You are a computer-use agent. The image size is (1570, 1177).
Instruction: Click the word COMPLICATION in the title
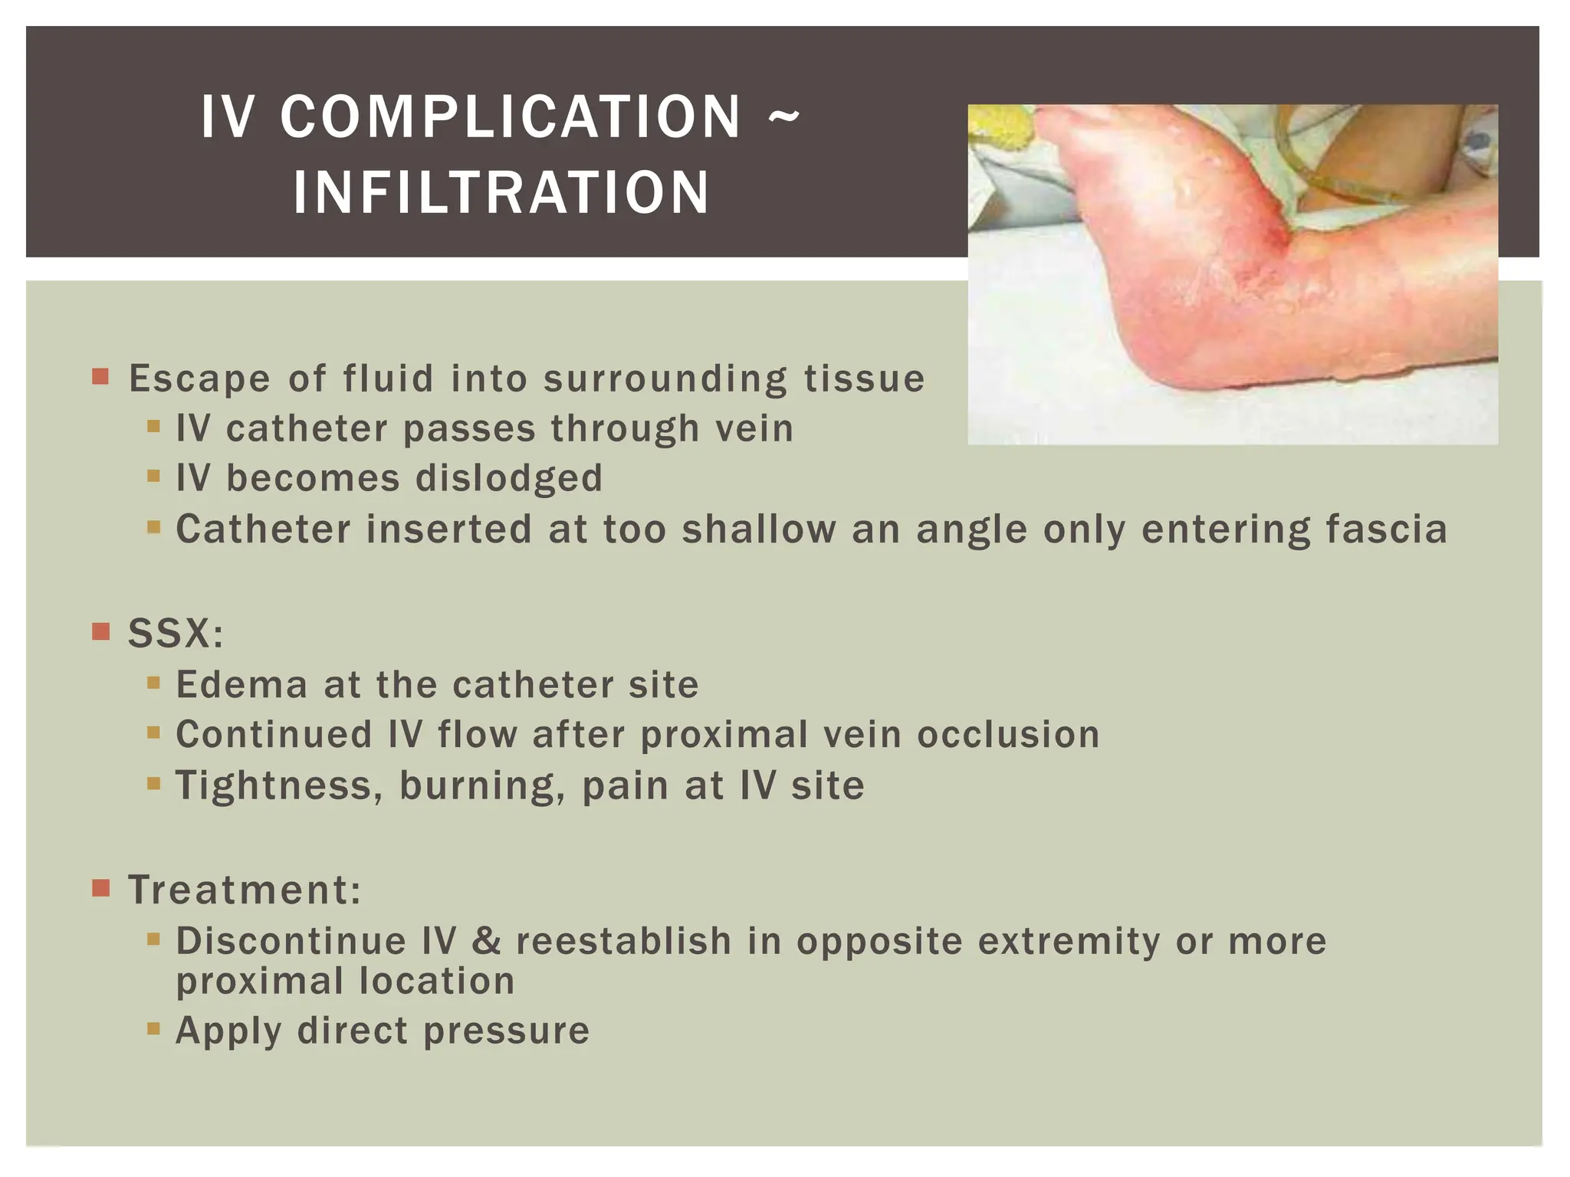(x=511, y=117)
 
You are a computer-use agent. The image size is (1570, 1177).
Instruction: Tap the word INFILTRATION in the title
(x=501, y=192)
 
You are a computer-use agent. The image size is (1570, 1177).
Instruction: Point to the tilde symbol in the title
(x=783, y=117)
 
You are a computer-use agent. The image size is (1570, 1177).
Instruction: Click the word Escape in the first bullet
(x=199, y=379)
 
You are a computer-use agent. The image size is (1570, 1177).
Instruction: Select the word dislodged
(x=509, y=479)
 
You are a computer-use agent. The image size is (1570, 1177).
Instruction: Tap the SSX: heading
(x=176, y=634)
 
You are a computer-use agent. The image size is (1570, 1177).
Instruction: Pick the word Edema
(x=241, y=684)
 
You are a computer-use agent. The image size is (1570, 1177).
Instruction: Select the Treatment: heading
(x=245, y=890)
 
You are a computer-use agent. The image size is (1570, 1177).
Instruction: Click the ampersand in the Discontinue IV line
(x=486, y=941)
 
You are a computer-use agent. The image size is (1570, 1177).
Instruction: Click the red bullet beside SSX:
(x=100, y=632)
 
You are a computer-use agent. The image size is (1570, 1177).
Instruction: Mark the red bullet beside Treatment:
(x=100, y=889)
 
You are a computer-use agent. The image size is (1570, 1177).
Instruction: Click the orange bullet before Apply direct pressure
(x=153, y=1028)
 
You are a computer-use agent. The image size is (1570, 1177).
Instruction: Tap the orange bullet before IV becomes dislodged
(x=153, y=477)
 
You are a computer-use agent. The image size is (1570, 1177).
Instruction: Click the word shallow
(x=759, y=529)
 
